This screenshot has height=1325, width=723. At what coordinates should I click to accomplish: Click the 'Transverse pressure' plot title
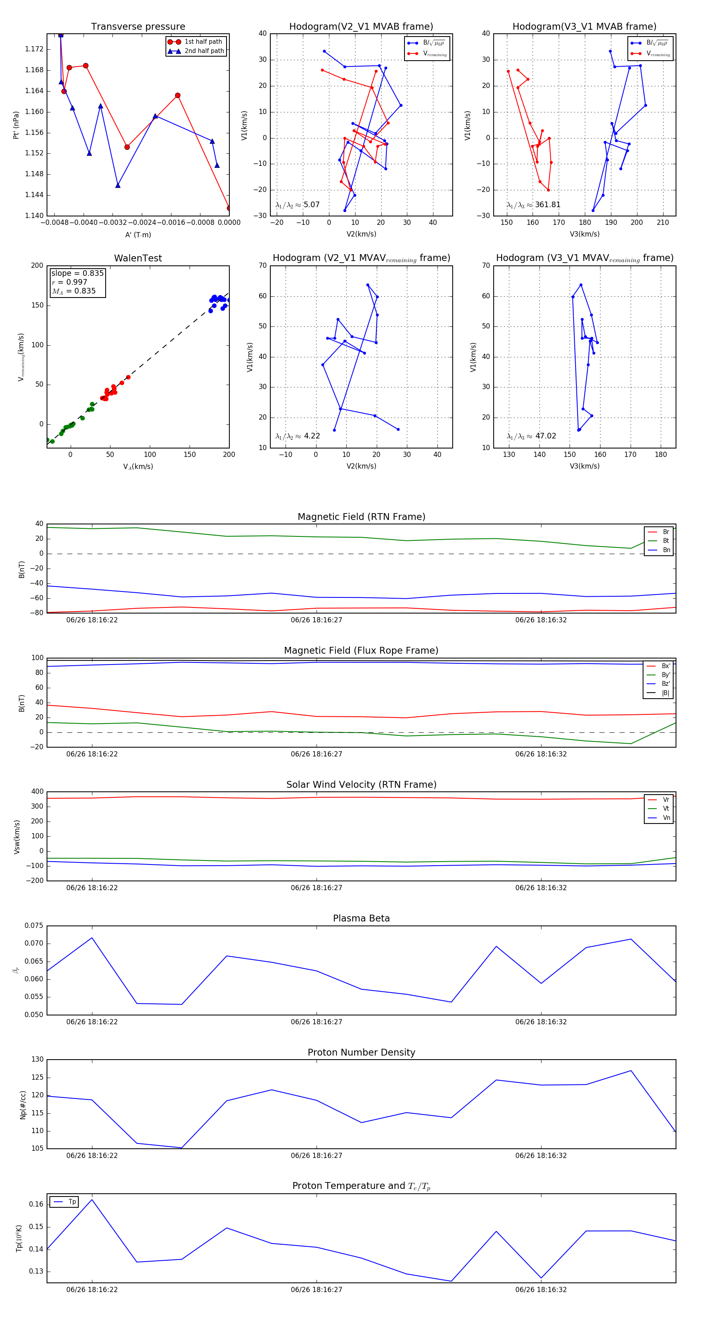tap(138, 27)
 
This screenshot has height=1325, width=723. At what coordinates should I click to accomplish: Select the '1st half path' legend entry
tap(203, 42)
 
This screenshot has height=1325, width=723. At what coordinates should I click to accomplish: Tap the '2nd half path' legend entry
tap(204, 51)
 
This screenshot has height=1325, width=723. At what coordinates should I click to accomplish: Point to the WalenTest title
tap(138, 258)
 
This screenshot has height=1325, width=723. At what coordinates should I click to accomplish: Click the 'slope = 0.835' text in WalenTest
tap(77, 273)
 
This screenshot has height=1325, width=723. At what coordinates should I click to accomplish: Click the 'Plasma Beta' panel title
tap(361, 918)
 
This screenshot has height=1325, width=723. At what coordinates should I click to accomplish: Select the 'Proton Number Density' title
tap(361, 1052)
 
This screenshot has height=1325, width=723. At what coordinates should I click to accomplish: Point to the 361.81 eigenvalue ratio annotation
tap(547, 205)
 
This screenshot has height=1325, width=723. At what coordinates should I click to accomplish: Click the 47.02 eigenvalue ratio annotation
tap(545, 436)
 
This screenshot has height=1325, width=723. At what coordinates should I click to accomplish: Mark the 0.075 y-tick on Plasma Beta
tap(34, 925)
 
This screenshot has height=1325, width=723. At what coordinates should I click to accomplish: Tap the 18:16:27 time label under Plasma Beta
tap(316, 1021)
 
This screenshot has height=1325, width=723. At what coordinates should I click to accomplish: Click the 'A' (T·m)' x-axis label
tap(138, 234)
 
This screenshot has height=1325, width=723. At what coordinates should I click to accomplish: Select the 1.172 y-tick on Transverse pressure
tap(34, 49)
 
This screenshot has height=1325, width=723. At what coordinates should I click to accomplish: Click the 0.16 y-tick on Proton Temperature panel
tap(36, 1204)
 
